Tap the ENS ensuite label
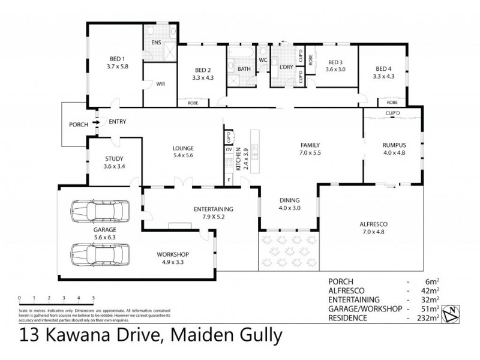[x=156, y=42]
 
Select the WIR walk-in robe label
[x=161, y=84]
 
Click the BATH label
[x=244, y=68]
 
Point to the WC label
[x=262, y=60]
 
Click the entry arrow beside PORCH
[x=94, y=124]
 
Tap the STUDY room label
[x=113, y=158]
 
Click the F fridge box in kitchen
[x=228, y=179]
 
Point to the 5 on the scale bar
[x=94, y=298]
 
